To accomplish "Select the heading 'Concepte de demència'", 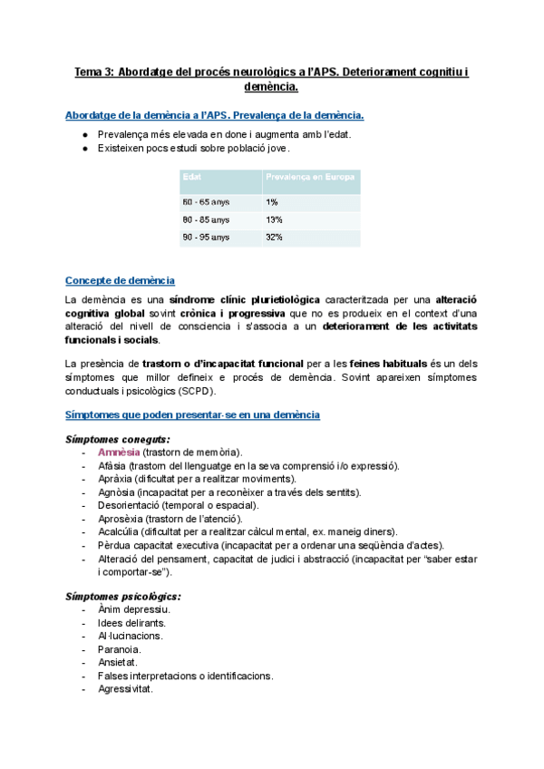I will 121,281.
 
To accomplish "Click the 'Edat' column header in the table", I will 192,176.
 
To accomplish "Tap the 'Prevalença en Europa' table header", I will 310,176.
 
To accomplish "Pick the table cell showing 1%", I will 272,201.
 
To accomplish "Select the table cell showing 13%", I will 274,219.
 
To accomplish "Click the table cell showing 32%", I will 274,238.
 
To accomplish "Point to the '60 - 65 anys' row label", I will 206,201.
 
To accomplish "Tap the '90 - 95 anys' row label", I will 206,238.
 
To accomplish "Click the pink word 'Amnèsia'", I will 119,453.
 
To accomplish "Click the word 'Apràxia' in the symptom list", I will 115,479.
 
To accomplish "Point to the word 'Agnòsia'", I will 116,492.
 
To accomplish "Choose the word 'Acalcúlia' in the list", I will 119,531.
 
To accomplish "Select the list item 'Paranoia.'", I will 119,649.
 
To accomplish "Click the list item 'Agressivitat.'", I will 125,689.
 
